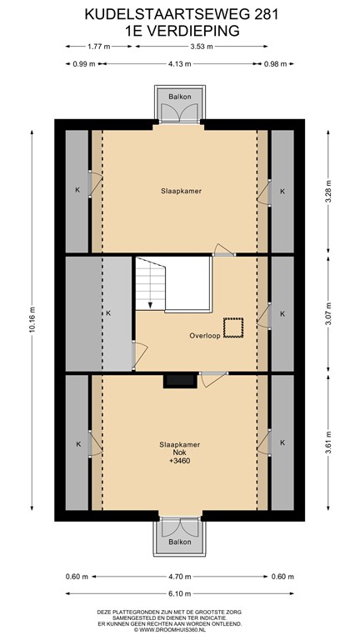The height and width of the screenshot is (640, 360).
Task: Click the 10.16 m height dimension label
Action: [32, 320]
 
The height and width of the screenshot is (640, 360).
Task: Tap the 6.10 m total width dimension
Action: [180, 593]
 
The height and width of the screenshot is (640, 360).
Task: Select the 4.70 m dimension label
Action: [180, 577]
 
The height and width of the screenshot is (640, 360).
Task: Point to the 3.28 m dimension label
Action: [328, 191]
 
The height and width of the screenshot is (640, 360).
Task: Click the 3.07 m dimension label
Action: [328, 313]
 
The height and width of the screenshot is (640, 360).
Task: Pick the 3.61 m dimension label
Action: [328, 442]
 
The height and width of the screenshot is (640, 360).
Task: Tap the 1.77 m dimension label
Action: [99, 47]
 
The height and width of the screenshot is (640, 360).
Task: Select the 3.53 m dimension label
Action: [202, 47]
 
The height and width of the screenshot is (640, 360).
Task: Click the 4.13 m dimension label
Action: [180, 63]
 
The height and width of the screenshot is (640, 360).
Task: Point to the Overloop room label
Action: [205, 336]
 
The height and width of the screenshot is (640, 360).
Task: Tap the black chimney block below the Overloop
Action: [180, 381]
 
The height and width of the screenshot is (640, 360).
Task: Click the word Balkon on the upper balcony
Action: [180, 97]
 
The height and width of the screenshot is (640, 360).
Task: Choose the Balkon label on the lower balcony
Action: [180, 542]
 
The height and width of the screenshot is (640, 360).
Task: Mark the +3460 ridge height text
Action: [180, 460]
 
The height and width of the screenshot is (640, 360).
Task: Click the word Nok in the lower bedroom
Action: [180, 452]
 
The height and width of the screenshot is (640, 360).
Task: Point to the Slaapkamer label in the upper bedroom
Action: [181, 191]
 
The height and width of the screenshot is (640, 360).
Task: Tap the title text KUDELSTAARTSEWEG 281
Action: [182, 15]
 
